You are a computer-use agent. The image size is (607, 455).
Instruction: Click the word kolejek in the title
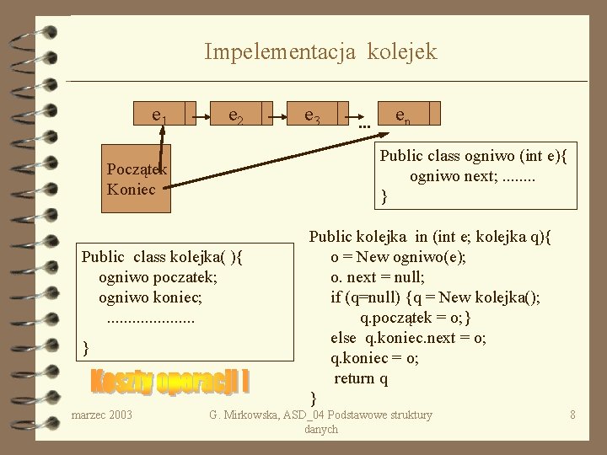(x=401, y=52)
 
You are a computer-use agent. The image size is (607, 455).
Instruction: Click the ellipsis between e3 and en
(x=364, y=124)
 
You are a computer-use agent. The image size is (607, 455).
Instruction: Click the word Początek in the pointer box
(x=136, y=169)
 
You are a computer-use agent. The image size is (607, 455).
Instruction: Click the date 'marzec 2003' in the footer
(x=102, y=415)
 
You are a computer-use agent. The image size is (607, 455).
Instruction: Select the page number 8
(x=572, y=415)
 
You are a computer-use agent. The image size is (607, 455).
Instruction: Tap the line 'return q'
(x=361, y=377)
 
